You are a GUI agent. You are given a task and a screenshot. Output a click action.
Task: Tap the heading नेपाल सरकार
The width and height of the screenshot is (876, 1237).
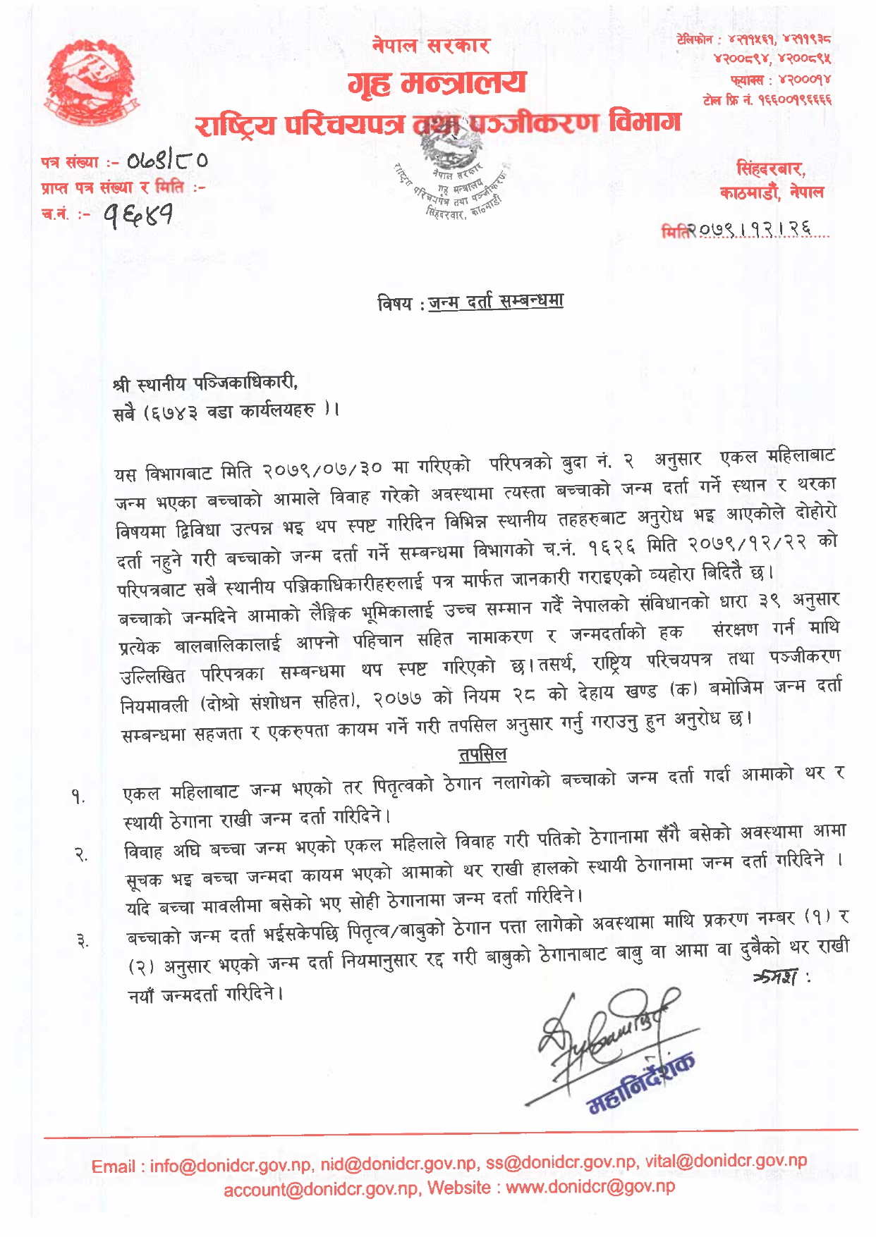click(431, 46)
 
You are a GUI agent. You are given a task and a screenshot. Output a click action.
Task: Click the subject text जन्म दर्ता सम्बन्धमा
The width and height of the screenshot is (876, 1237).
click(496, 302)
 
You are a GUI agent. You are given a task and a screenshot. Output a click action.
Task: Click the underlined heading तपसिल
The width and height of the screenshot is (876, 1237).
click(482, 755)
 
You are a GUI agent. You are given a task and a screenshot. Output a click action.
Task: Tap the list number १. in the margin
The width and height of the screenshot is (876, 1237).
click(78, 797)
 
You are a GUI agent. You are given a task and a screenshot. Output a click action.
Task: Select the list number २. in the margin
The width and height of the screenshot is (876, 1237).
click(80, 855)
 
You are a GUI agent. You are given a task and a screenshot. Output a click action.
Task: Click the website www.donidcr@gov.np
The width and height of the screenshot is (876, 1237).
click(590, 1187)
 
